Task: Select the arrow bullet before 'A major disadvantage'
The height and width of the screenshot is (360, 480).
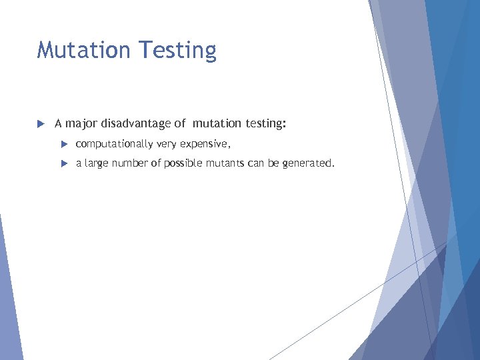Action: [40, 123]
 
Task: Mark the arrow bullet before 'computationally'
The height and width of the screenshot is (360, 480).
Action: [64, 144]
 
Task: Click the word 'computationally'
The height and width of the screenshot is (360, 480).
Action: [114, 145]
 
